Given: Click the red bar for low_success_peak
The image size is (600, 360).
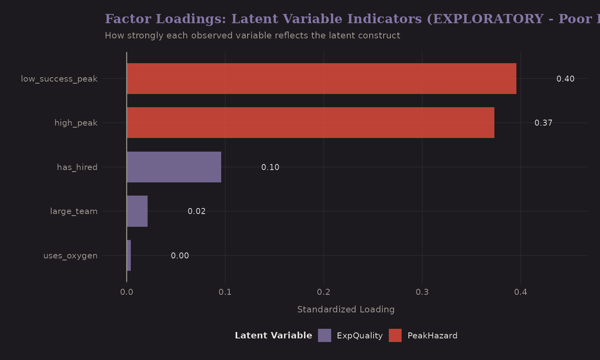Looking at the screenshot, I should (321, 79).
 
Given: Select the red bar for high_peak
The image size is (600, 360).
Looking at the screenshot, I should (310, 123).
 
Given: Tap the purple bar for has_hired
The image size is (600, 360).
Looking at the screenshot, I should (174, 167).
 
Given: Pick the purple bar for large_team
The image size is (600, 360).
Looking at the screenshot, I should (137, 211).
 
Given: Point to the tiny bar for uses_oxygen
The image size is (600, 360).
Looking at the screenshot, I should (129, 256).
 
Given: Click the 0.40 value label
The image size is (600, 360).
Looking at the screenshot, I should (565, 79).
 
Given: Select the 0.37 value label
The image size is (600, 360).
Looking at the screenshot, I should (543, 123).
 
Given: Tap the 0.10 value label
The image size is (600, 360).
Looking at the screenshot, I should (270, 167).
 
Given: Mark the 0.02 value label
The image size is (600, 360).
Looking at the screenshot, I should (196, 211).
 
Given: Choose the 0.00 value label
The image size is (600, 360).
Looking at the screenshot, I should (180, 256).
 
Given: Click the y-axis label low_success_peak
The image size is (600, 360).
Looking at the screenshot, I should (59, 79).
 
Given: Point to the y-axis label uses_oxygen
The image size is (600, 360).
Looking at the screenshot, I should (70, 256).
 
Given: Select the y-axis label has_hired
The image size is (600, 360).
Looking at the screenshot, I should (77, 167).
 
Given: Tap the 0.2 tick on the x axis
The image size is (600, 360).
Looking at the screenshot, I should (324, 292).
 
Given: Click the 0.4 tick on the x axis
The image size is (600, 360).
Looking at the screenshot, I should (520, 292).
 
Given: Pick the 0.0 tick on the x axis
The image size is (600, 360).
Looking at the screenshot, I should (127, 292).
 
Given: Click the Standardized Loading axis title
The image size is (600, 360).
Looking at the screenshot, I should (346, 310).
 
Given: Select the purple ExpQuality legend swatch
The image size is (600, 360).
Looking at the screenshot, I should (324, 336).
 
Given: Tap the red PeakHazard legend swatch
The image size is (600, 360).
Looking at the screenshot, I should (395, 336).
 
